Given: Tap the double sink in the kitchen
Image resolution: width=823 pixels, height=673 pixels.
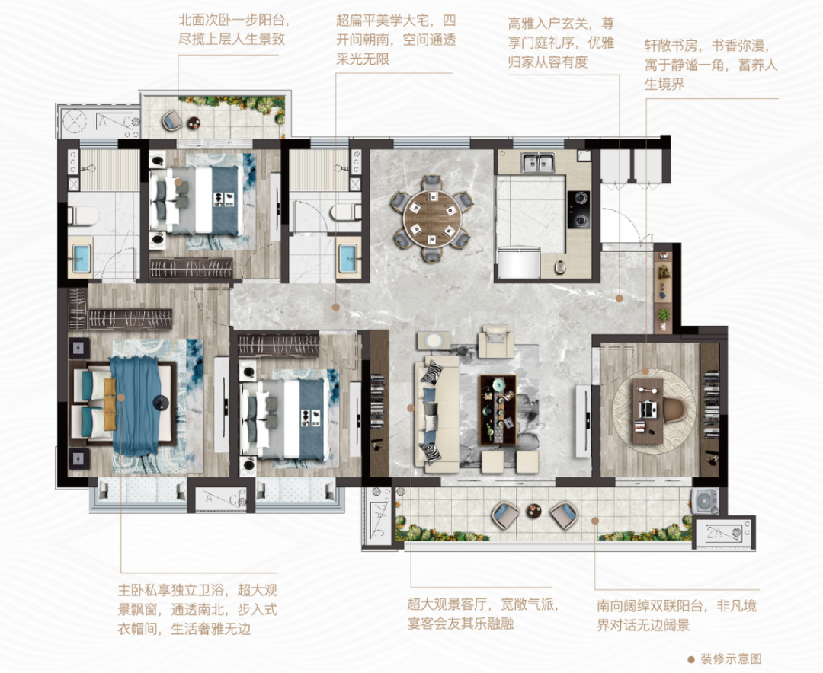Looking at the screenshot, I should click(540, 162).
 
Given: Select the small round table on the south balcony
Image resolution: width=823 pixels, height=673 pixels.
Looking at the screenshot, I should click(535, 513).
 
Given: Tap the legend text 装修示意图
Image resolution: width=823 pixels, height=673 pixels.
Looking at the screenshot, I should click(731, 659).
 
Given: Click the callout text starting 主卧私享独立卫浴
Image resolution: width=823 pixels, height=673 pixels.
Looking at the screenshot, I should click(184, 610).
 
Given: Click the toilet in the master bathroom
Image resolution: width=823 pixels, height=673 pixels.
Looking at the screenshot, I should click(82, 215).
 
